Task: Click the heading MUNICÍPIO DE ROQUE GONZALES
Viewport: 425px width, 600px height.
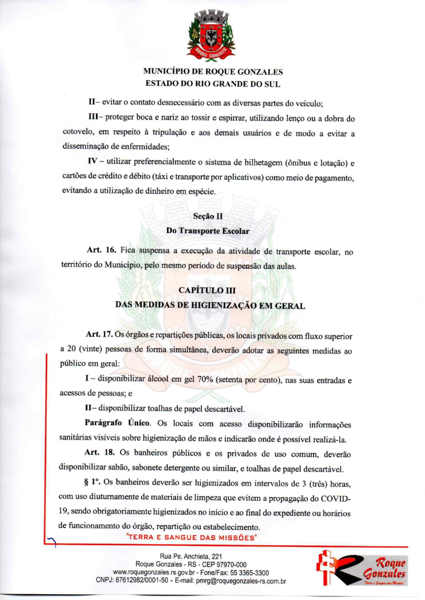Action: (x=212, y=72)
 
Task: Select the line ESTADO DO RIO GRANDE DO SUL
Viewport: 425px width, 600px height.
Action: (x=212, y=83)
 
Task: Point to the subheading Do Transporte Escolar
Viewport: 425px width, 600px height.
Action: (x=212, y=232)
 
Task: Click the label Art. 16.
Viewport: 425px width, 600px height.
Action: (x=101, y=250)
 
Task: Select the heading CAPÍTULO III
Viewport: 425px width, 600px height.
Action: (x=212, y=290)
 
